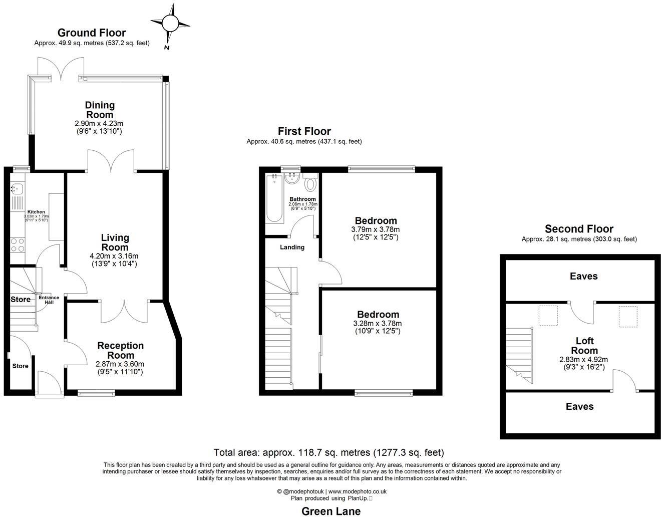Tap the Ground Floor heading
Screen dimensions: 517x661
[x=92, y=33]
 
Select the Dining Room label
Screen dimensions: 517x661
[x=100, y=110]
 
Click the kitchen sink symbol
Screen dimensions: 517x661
[x=16, y=189]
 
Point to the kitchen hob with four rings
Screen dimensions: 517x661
[x=18, y=244]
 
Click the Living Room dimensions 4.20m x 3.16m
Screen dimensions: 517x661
[x=115, y=256]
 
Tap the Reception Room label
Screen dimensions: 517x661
[x=120, y=350]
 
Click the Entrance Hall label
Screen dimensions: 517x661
[x=49, y=300]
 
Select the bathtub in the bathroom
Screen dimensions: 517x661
[x=274, y=197]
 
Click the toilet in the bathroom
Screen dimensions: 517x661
[x=310, y=183]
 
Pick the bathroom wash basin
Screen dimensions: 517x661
[x=291, y=179]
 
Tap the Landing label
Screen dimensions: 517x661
[x=292, y=247]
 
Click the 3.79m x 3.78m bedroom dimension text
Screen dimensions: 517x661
[x=376, y=229]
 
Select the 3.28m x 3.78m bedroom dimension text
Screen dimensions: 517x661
[x=377, y=323]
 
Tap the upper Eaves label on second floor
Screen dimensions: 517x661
[x=583, y=276]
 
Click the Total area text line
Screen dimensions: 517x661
[x=328, y=452]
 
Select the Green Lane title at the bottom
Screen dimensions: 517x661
[x=330, y=511]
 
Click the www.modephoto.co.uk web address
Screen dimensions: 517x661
[x=357, y=491]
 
